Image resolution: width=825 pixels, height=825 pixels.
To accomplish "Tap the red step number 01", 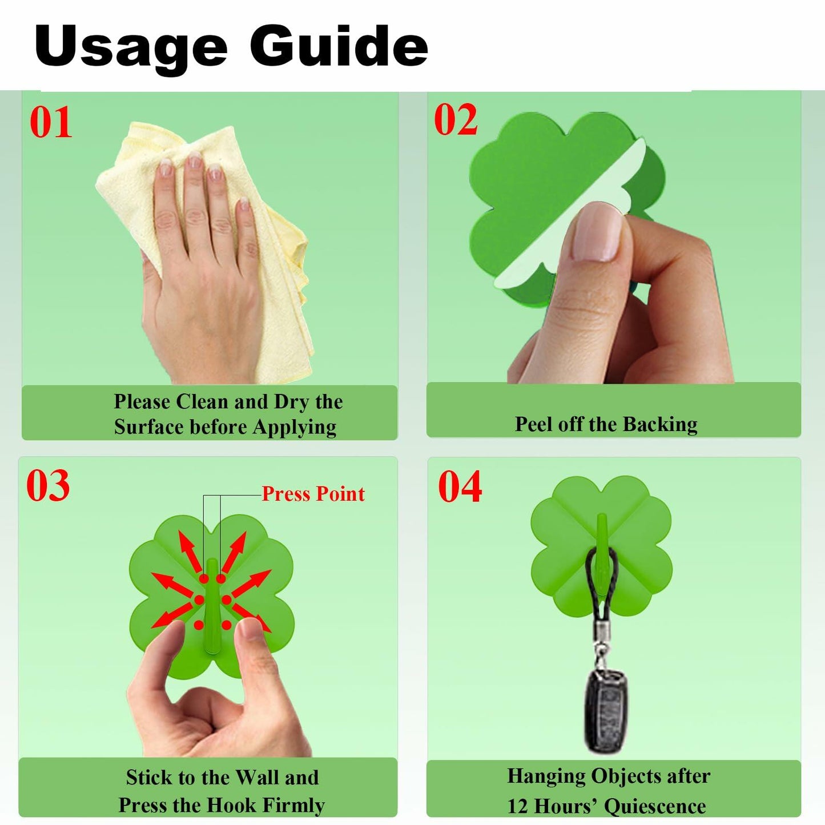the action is [x=50, y=122].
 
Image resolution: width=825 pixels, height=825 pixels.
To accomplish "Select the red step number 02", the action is [x=456, y=119].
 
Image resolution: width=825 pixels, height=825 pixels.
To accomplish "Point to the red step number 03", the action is [x=48, y=485].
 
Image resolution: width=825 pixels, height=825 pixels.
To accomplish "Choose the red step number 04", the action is [x=460, y=486].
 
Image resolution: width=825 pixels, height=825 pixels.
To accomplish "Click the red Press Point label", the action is [x=313, y=494].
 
